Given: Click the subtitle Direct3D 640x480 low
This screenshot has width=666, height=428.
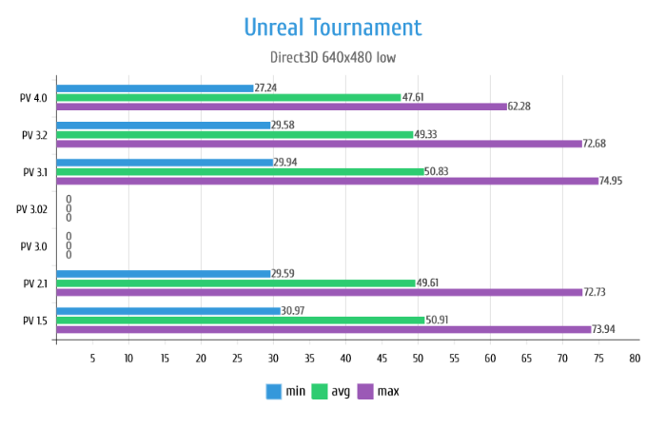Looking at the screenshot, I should pos(333,57).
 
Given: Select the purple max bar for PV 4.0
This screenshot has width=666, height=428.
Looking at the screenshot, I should pos(282,107).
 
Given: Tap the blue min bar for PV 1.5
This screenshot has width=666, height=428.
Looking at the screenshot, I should pos(168,311).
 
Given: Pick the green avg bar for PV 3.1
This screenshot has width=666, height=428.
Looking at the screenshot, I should pos(240,171).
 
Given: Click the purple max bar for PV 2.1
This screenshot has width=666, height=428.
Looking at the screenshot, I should pos(320,292).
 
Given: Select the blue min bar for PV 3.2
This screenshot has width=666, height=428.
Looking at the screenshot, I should pos(164,125).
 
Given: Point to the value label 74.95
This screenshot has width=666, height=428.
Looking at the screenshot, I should pos(616,181).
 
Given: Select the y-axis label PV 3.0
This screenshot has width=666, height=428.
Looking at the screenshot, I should pos(34,245).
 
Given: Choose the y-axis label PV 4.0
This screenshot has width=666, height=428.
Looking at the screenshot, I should pos(34,97).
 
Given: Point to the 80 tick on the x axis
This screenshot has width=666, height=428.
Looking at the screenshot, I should pos(635,359).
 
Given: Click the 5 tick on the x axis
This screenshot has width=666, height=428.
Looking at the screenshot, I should pos(92,359).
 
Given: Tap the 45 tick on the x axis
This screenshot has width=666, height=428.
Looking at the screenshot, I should pos(382,359).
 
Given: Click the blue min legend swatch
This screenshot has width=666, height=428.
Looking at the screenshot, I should pos(273,392).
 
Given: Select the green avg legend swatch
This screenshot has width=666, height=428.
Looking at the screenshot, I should pos(320,392).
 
